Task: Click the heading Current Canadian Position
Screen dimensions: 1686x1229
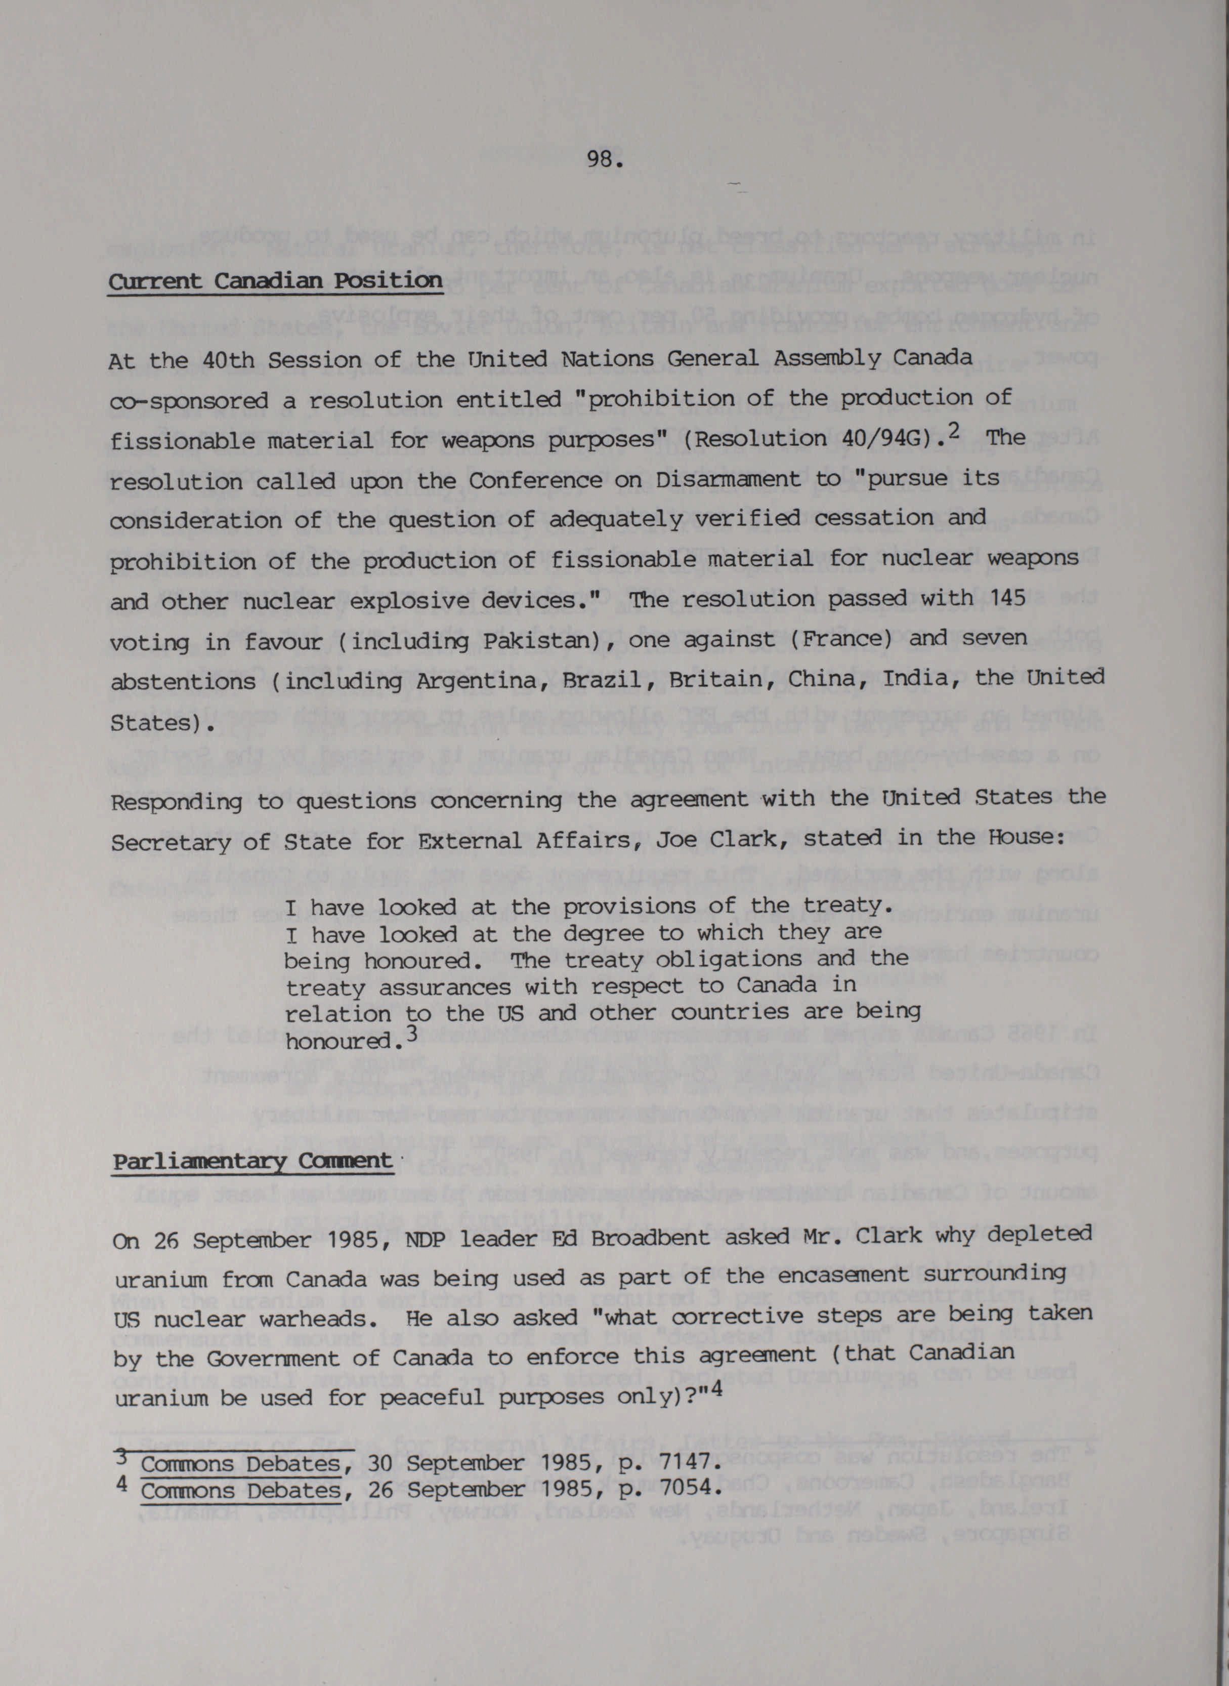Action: coord(275,282)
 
